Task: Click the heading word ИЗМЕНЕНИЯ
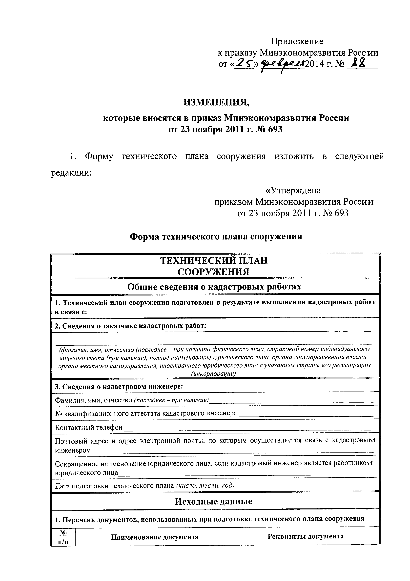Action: tap(216, 102)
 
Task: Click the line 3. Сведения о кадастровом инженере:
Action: tap(119, 387)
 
